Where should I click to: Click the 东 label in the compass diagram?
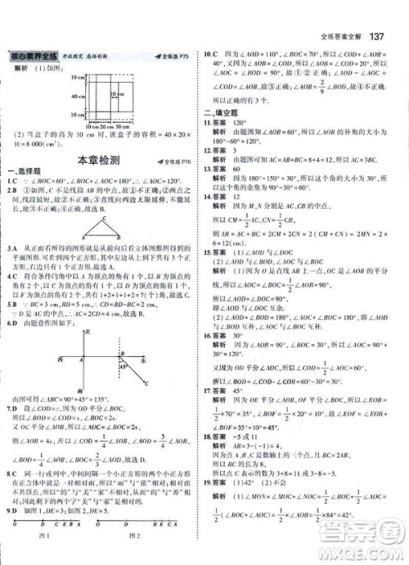pyautogui.click(x=146, y=358)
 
